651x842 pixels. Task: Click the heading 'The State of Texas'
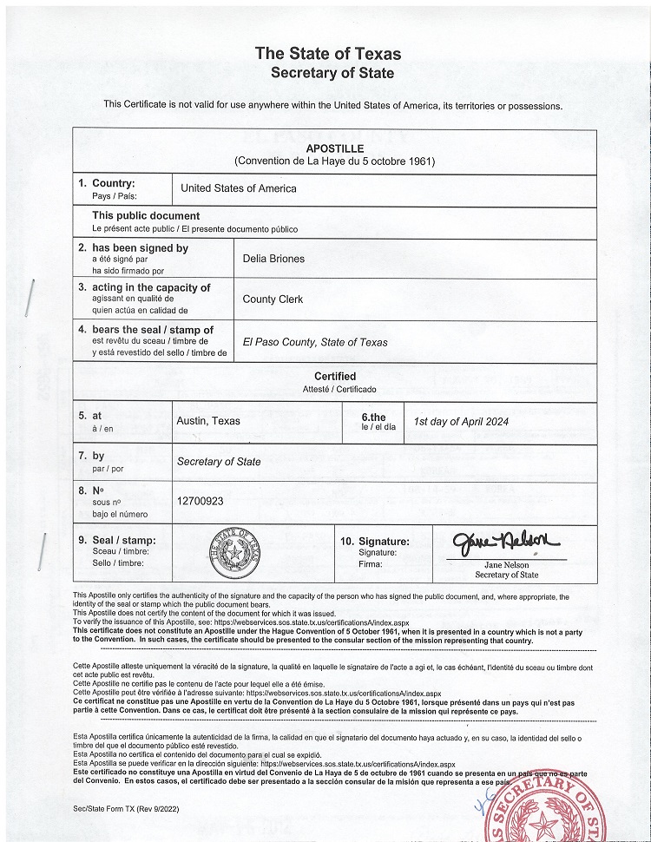tap(327, 54)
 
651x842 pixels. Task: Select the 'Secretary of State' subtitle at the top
tap(332, 73)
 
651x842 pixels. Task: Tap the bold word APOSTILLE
tap(334, 148)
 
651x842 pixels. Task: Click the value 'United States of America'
tap(238, 188)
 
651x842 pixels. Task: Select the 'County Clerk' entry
tap(273, 299)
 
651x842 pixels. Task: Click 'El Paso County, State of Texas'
tap(315, 342)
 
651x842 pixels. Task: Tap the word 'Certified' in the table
tap(335, 377)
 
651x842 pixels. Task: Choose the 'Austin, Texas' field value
tap(208, 421)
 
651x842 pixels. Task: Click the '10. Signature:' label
tap(372, 541)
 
